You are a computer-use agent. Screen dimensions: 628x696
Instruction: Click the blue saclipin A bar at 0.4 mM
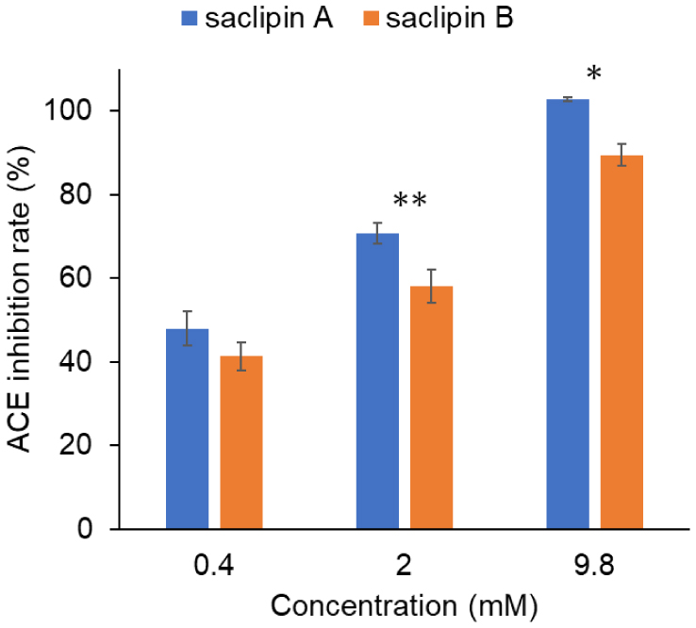pos(187,429)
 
